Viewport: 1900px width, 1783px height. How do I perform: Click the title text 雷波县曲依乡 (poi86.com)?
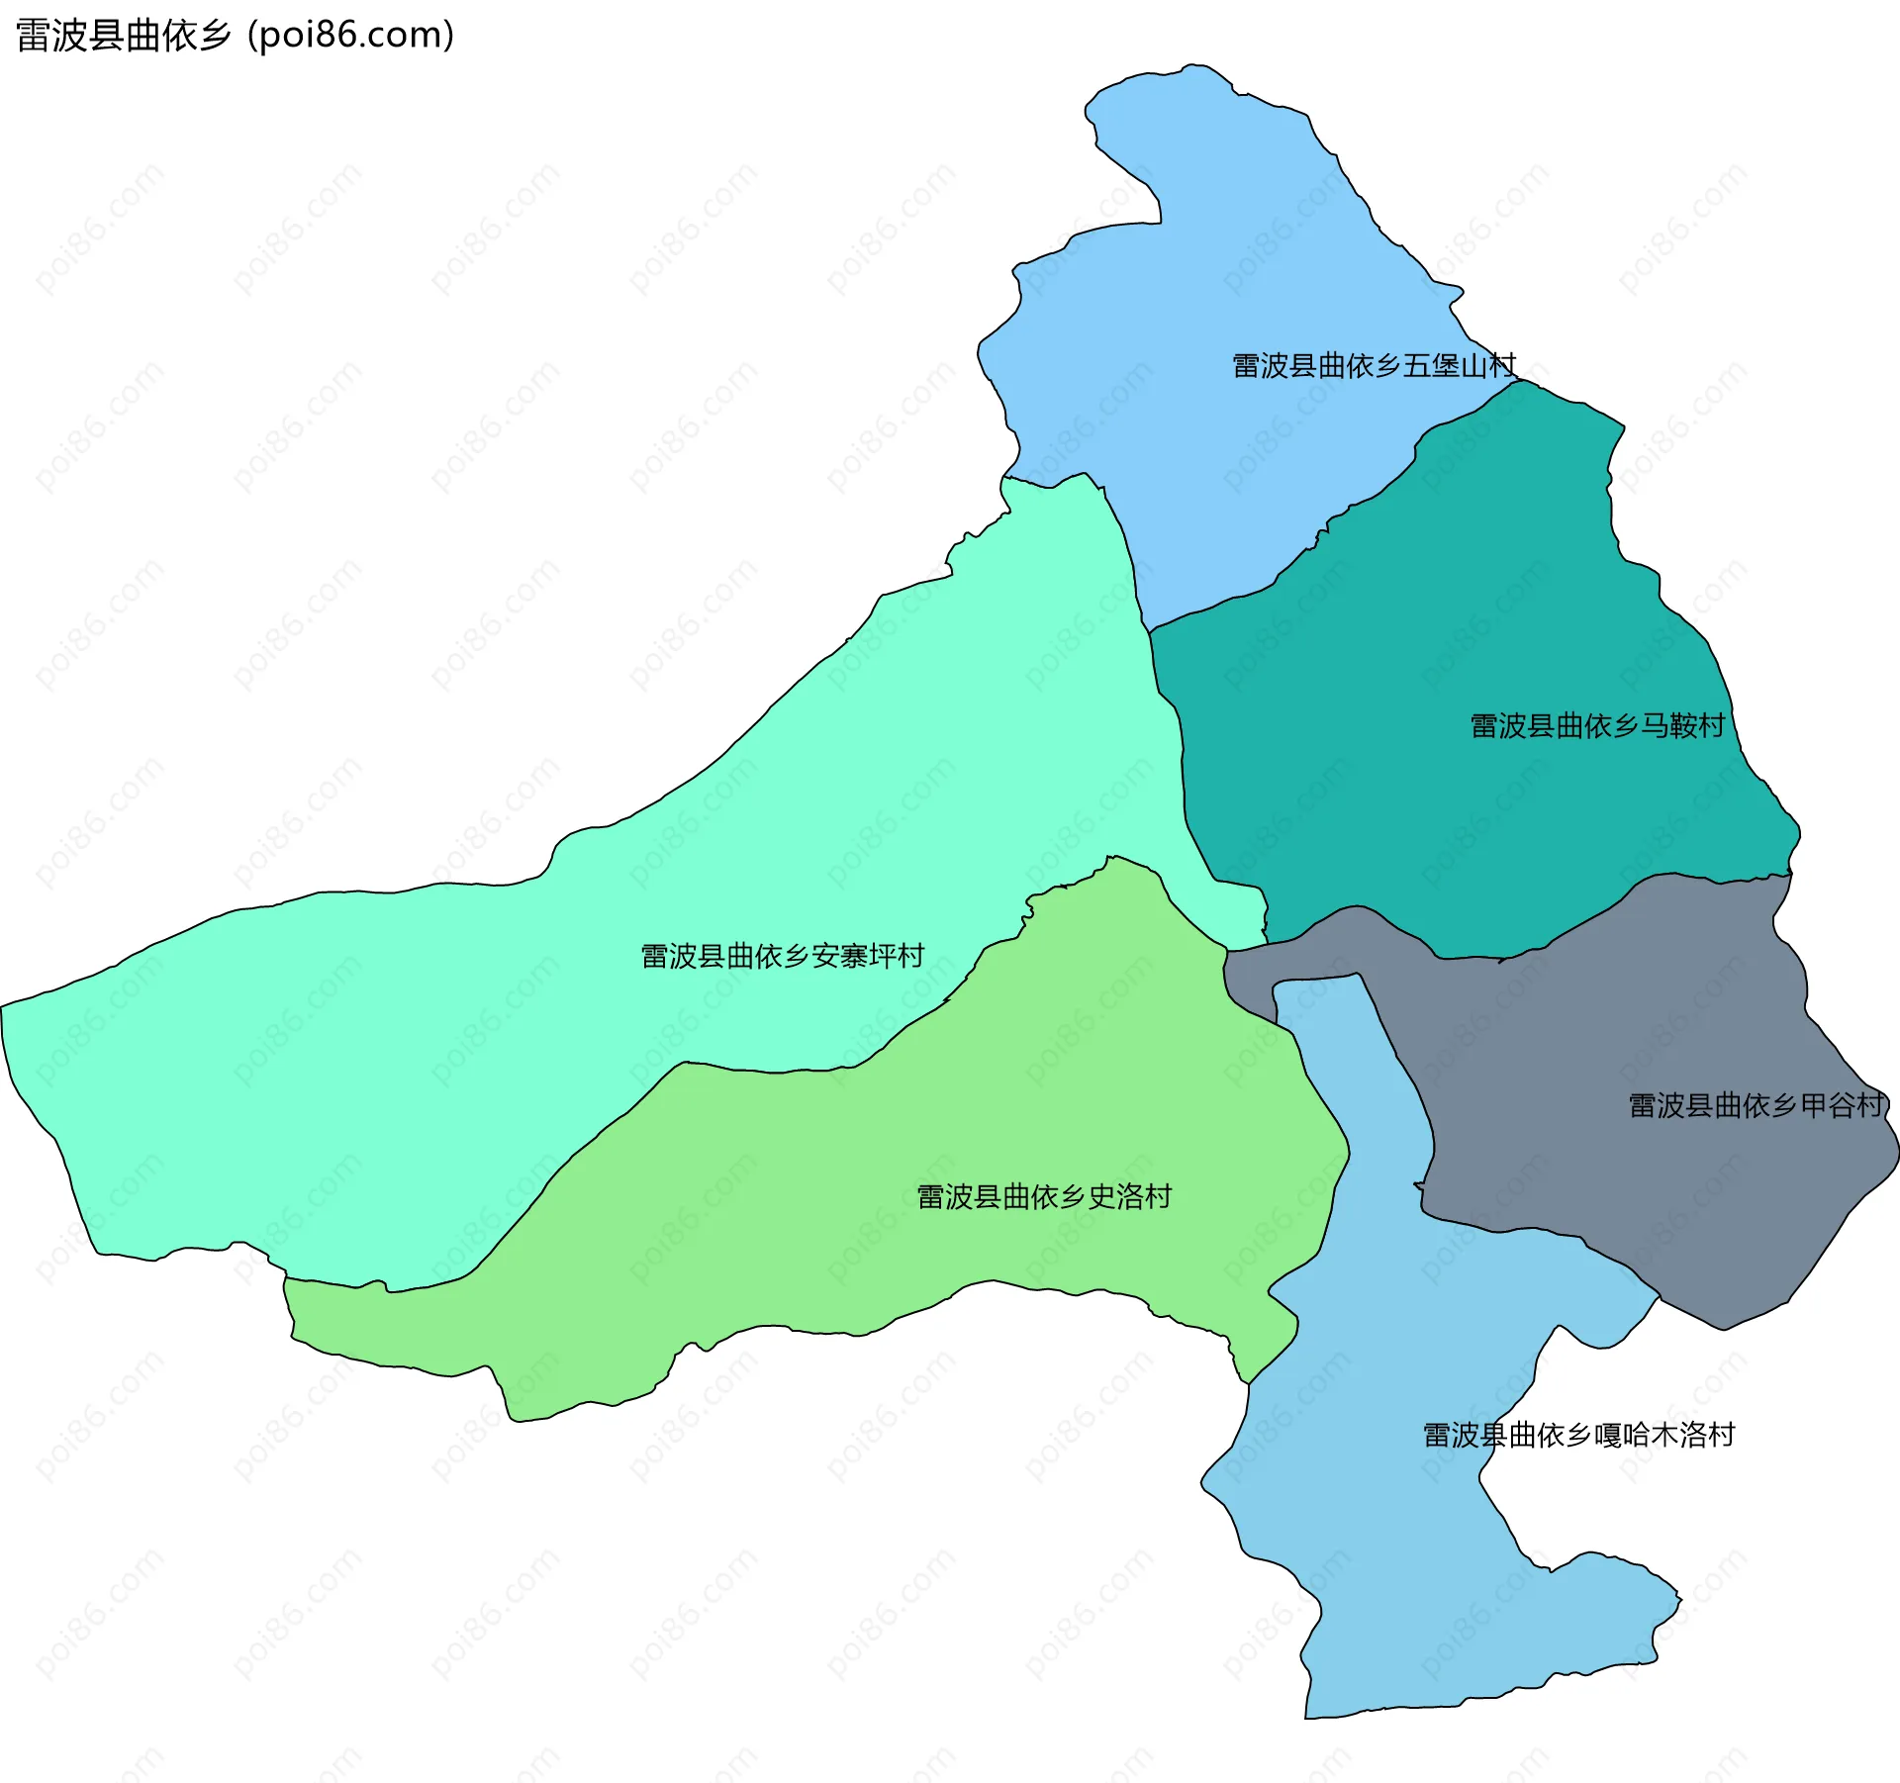click(x=235, y=35)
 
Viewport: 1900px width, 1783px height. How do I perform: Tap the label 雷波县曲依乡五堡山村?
click(x=1374, y=366)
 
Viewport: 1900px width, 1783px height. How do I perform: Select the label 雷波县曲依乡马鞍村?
click(x=1597, y=726)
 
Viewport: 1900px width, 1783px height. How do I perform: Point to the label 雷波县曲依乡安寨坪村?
click(x=782, y=956)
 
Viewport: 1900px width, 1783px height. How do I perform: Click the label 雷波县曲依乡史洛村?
click(x=1044, y=1197)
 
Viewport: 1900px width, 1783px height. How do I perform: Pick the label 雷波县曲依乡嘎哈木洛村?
click(x=1578, y=1435)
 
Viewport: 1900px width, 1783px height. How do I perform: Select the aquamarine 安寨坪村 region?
click(x=495, y=1039)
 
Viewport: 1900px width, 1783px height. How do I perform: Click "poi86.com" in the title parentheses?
click(x=350, y=35)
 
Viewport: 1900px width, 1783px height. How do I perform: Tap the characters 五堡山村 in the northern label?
click(x=1460, y=366)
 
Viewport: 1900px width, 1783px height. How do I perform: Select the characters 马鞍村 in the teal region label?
click(x=1683, y=726)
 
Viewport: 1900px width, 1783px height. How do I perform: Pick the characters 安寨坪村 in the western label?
click(x=868, y=956)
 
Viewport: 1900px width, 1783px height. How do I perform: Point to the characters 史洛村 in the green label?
click(x=1130, y=1197)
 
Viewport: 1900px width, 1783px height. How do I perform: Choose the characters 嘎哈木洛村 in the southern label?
click(x=1664, y=1435)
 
